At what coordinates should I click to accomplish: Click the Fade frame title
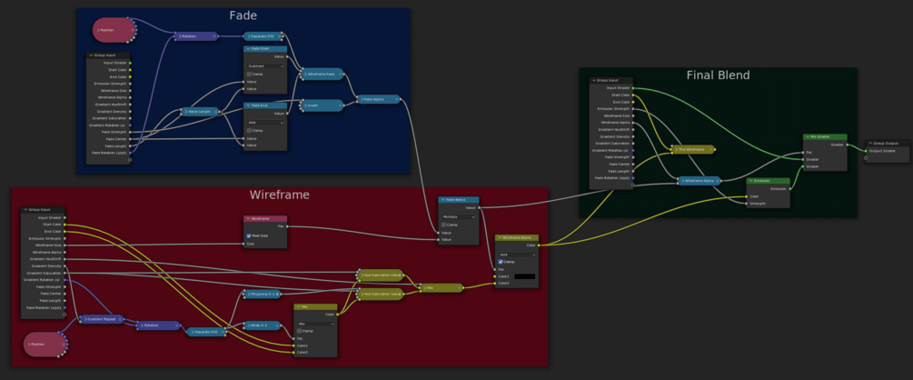click(243, 15)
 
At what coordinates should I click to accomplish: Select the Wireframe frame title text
click(280, 195)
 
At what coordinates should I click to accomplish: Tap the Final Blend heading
click(718, 75)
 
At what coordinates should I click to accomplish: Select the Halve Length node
click(197, 112)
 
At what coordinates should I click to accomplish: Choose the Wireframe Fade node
click(323, 74)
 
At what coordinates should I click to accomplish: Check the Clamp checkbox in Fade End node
click(249, 130)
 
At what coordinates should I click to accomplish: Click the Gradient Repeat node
click(101, 319)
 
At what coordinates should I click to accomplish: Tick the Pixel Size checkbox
click(249, 235)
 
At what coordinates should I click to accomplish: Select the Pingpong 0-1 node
click(263, 295)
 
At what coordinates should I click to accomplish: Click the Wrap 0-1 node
click(263, 325)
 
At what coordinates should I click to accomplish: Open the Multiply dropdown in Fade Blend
click(458, 217)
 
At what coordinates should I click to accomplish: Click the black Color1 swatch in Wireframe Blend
click(525, 275)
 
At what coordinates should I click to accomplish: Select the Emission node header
click(768, 181)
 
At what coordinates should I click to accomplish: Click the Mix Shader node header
click(825, 137)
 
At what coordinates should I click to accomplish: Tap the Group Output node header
click(885, 144)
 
